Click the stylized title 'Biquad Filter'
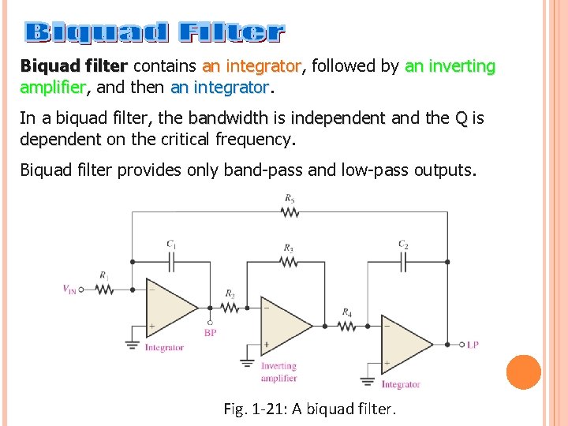coord(155,32)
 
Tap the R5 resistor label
coord(290,198)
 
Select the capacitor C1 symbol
coord(171,261)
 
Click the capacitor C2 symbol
coord(403,261)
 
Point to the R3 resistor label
coord(289,248)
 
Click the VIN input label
coord(71,289)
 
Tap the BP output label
coord(210,333)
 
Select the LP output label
coord(473,345)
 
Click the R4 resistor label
coord(346,312)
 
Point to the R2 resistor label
coord(230,293)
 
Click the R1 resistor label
coord(103,275)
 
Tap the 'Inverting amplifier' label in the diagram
coord(278,372)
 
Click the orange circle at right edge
coord(523,372)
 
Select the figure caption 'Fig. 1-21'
coord(310,409)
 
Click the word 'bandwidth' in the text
coord(229,119)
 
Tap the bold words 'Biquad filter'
coord(73,66)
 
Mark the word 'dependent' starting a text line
coord(60,140)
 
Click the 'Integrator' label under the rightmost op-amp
coord(401,385)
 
